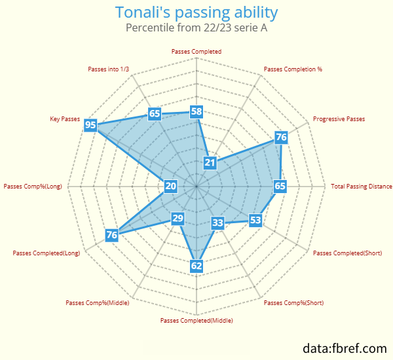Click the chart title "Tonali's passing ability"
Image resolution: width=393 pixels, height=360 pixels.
coord(196,12)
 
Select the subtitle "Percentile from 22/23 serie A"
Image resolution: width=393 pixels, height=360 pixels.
coord(196,27)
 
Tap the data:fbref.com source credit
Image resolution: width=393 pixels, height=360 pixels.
coord(345,348)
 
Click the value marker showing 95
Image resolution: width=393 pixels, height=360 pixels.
coord(90,124)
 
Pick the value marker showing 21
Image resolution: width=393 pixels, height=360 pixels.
coord(210,162)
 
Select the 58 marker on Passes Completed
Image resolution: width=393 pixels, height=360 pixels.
coord(196,111)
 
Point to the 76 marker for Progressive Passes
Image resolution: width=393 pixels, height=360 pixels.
coord(281,137)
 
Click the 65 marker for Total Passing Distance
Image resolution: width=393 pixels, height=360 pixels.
coord(280,186)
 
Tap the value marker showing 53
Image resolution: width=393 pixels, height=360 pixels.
coord(255,220)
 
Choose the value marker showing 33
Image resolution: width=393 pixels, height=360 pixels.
coord(217,223)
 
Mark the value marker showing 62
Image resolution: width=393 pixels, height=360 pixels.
coord(196,266)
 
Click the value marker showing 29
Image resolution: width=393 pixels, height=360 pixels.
coord(178,219)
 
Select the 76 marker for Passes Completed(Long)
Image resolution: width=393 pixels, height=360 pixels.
coord(112,235)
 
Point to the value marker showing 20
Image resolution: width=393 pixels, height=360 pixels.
coord(171,186)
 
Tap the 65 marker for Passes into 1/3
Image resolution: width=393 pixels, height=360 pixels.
coord(155,113)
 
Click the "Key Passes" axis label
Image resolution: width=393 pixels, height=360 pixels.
coord(65,119)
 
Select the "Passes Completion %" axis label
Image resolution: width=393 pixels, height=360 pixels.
coord(293,69)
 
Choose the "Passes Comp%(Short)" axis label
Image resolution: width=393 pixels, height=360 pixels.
coord(293,303)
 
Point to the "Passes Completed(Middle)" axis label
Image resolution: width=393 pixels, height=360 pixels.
coord(196,321)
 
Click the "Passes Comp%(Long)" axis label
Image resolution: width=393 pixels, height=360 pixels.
coord(33,187)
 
